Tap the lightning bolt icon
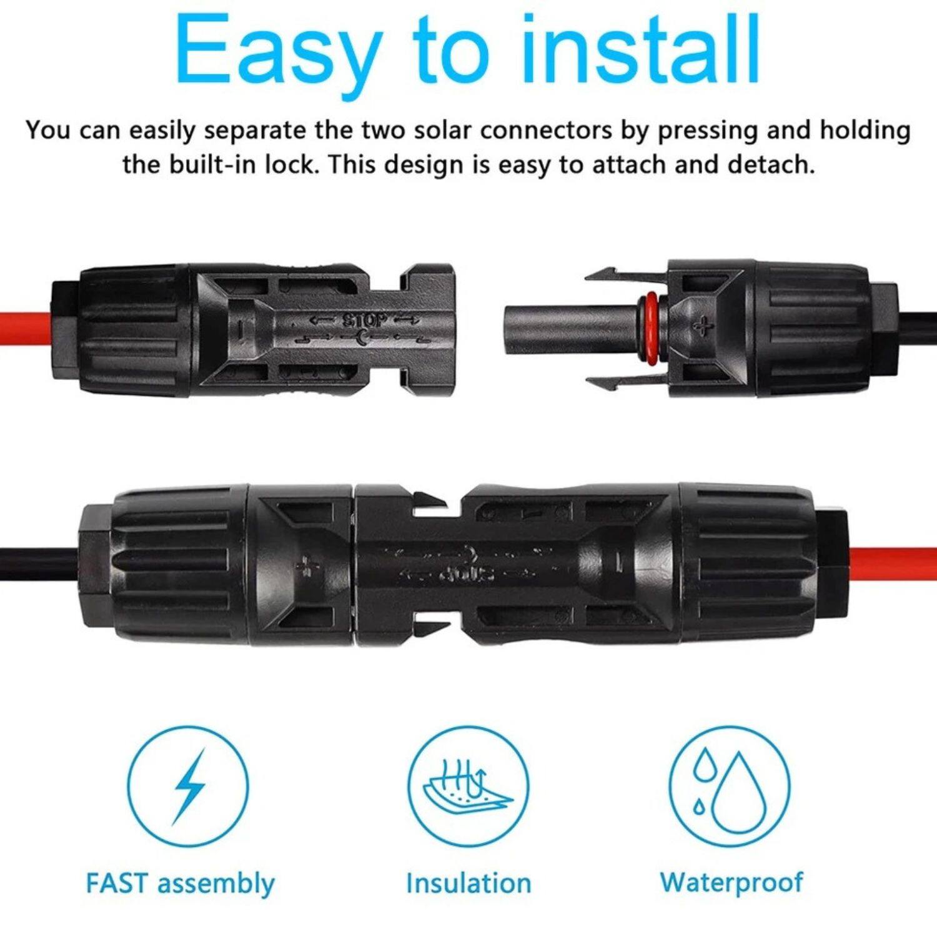pyautogui.click(x=188, y=786)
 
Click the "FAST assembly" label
pyautogui.click(x=180, y=884)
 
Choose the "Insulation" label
pyautogui.click(x=468, y=884)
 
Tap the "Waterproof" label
pyautogui.click(x=731, y=883)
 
